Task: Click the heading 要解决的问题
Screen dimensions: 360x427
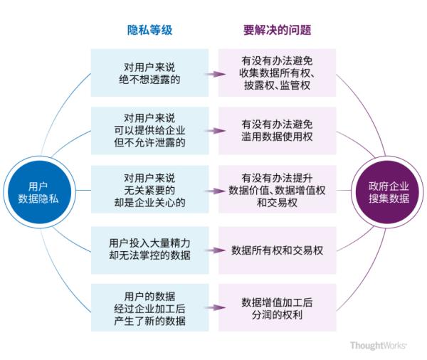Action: pyautogui.click(x=277, y=31)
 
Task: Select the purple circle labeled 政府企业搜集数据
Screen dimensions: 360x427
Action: pyautogui.click(x=389, y=191)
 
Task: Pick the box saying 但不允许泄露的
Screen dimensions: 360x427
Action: pyautogui.click(x=149, y=130)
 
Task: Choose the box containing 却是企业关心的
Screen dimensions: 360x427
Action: pyautogui.click(x=149, y=191)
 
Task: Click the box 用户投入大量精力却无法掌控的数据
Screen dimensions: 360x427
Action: pyautogui.click(x=149, y=250)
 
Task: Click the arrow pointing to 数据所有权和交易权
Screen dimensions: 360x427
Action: pyautogui.click(x=213, y=250)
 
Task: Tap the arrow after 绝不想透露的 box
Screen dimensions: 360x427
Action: pyautogui.click(x=213, y=73)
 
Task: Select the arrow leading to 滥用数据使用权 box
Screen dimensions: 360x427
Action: pyautogui.click(x=213, y=132)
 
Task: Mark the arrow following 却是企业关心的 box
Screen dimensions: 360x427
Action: pyautogui.click(x=213, y=191)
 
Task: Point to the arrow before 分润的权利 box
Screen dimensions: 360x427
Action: pyautogui.click(x=213, y=308)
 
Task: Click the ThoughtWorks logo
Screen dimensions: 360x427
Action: pyautogui.click(x=378, y=346)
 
